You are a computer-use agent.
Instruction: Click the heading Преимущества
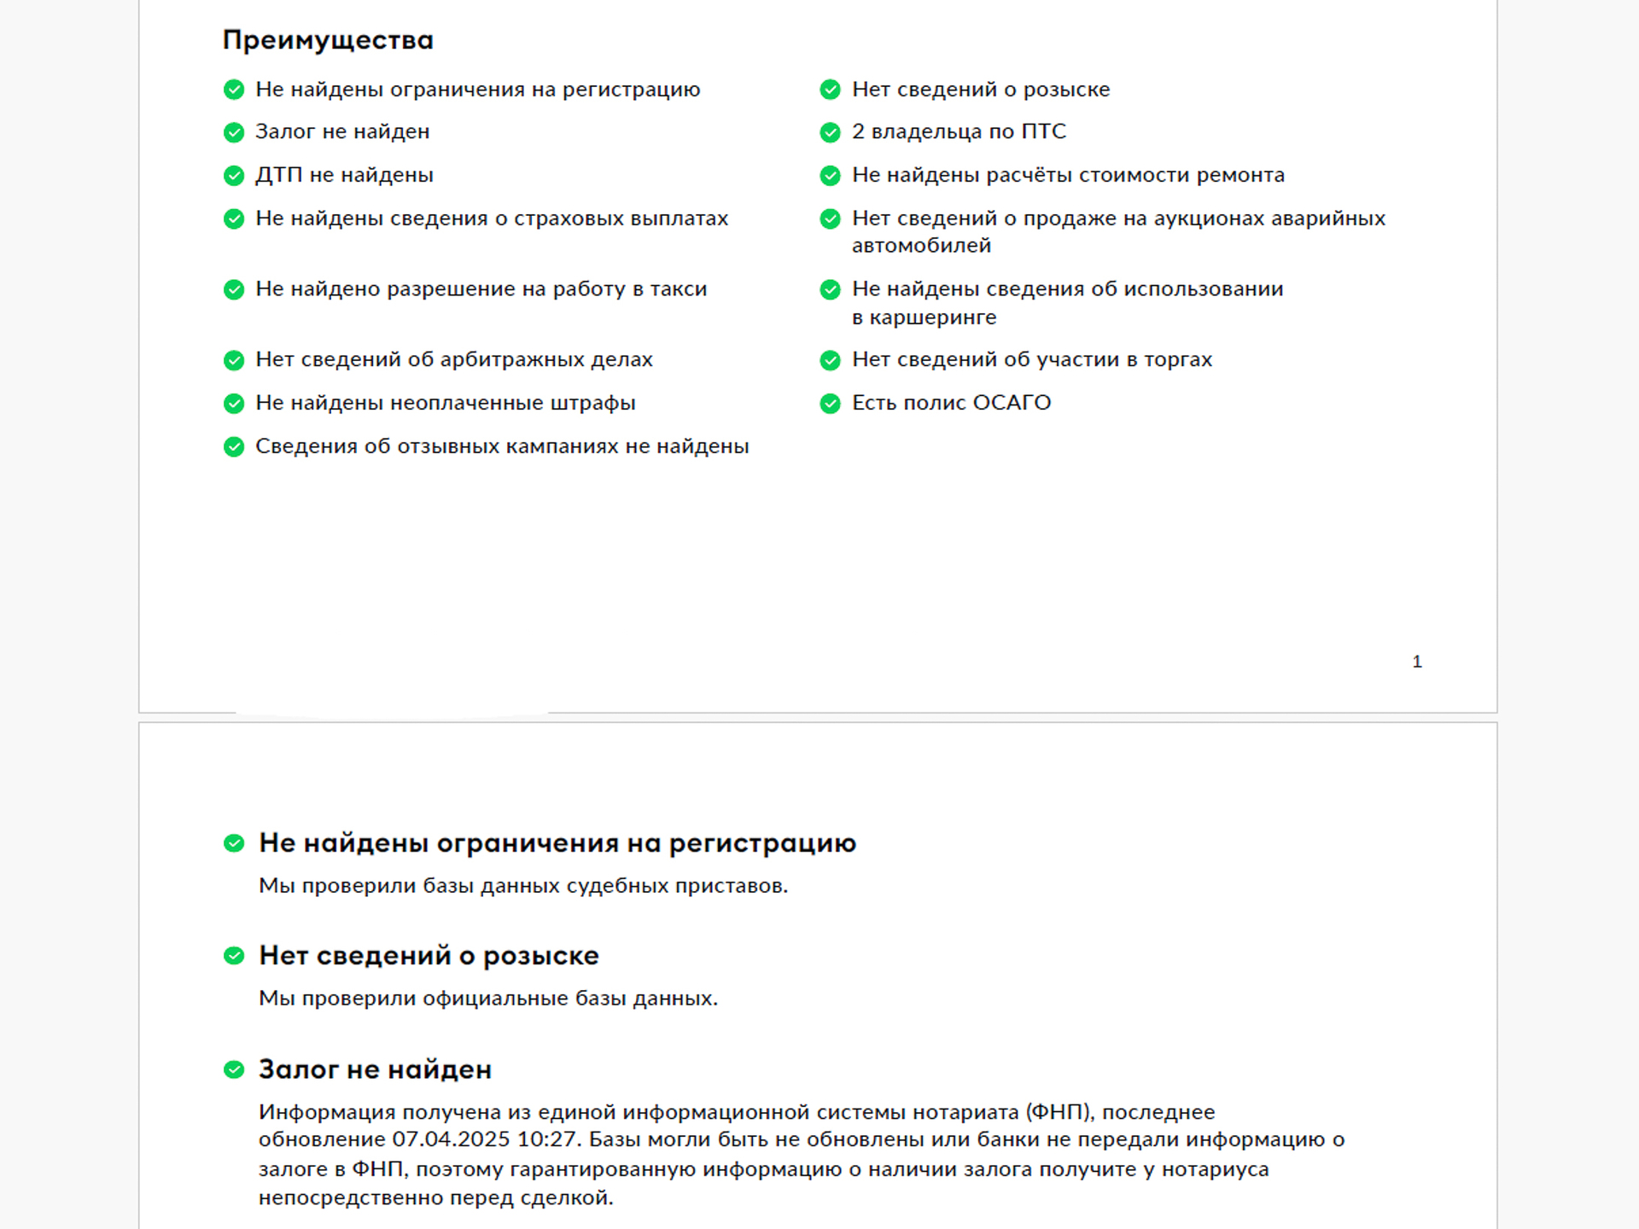[x=328, y=40]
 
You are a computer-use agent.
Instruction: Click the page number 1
[x=1417, y=661]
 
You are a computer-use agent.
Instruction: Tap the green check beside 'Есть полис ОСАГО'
[x=830, y=404]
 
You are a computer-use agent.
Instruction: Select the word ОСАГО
[x=1012, y=403]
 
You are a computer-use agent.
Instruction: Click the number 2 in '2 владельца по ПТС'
[x=858, y=131]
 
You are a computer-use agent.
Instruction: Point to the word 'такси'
[x=679, y=289]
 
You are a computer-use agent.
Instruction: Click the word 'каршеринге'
[x=932, y=317]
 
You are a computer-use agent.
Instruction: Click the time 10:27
[x=547, y=1139]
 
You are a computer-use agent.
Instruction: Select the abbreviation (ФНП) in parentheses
[x=1059, y=1112]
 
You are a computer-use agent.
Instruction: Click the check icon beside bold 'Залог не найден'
[x=234, y=1069]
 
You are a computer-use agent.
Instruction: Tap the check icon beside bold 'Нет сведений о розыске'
[x=234, y=956]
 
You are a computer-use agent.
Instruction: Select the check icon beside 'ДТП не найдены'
[x=234, y=176]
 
